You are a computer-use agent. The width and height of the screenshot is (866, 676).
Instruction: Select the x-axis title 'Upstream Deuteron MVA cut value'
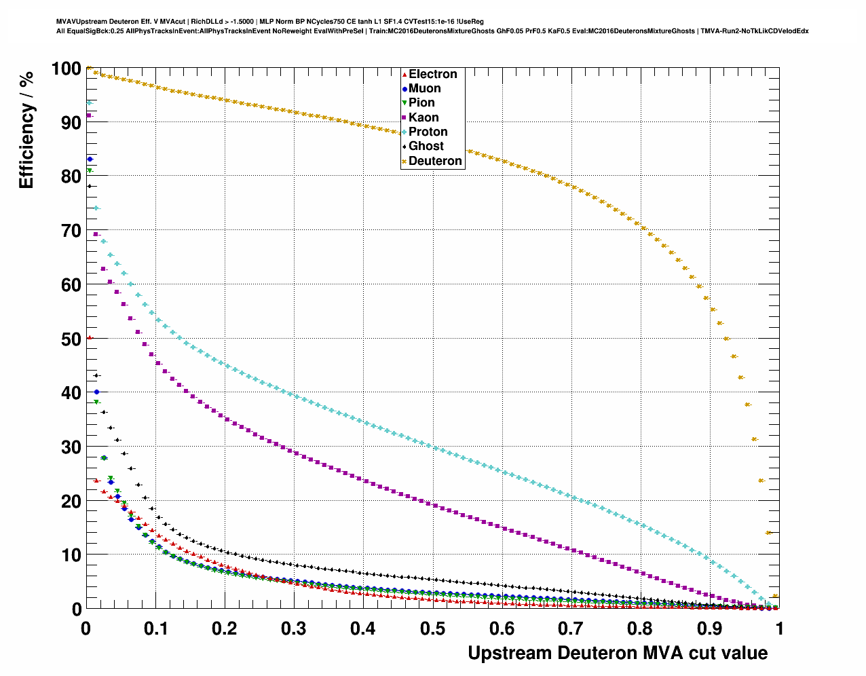(618, 653)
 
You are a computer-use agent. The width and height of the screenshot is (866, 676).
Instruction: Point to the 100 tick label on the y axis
(67, 69)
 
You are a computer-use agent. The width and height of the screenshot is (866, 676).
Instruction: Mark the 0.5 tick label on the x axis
(432, 628)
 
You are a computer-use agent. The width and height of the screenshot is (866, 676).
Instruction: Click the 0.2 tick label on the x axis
(225, 628)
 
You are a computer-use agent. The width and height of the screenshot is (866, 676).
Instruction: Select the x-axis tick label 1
(779, 628)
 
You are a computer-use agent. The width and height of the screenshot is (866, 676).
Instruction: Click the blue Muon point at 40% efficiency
(96, 392)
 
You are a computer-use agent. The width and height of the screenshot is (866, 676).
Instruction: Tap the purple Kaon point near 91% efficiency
(89, 116)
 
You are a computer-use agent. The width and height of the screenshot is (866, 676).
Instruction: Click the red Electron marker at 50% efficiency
(90, 337)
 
